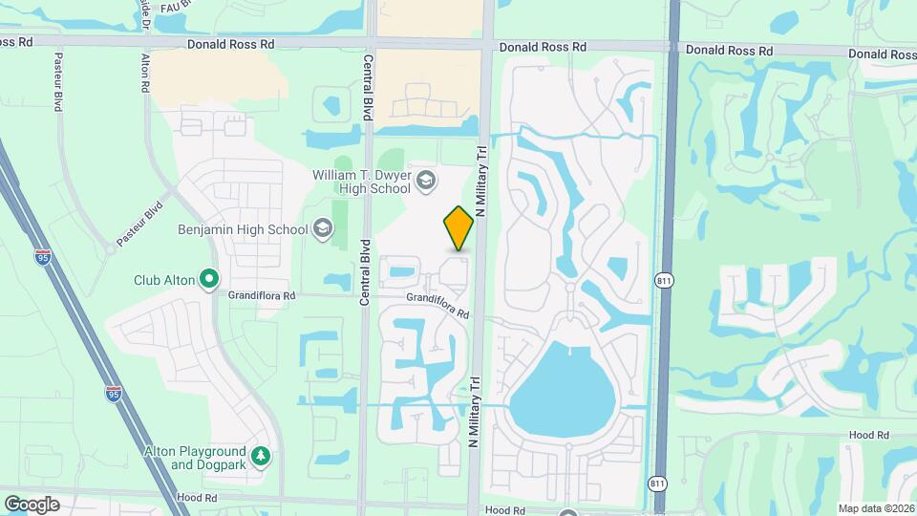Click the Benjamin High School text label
click(243, 229)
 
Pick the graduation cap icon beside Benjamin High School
click(323, 228)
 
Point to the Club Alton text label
click(164, 280)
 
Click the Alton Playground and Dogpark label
click(194, 458)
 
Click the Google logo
click(32, 504)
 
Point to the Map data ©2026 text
click(876, 508)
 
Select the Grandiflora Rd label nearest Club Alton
click(261, 296)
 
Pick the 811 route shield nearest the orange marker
click(665, 280)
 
